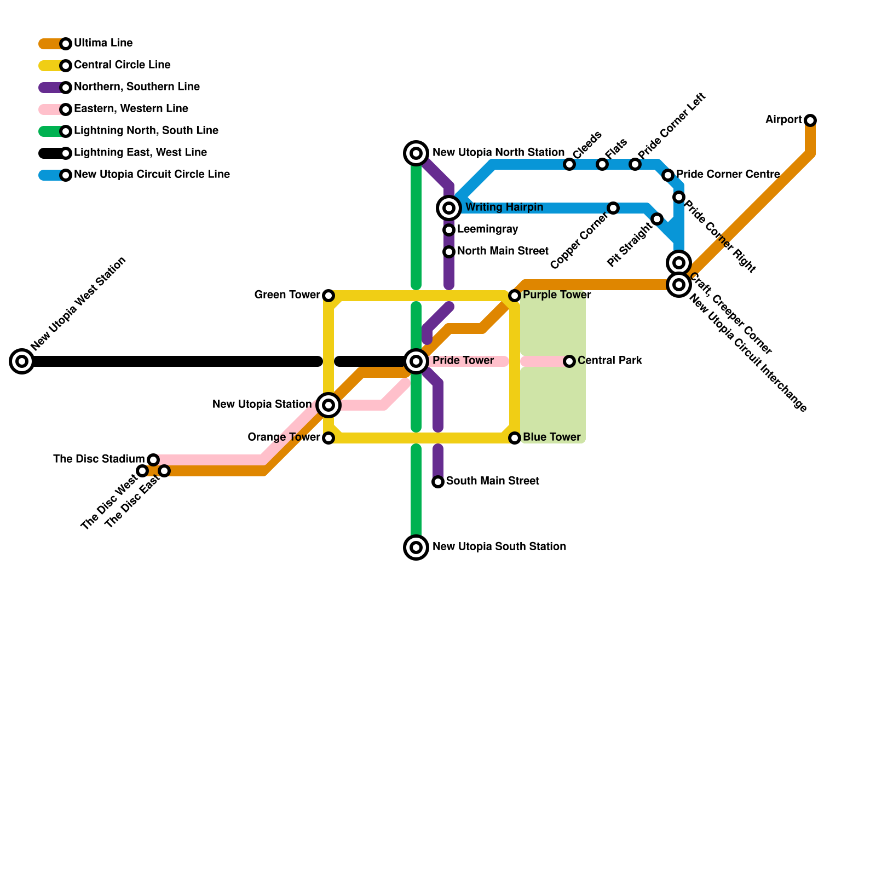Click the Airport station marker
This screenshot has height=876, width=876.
click(x=810, y=120)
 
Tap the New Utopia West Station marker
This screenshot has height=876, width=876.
click(x=22, y=361)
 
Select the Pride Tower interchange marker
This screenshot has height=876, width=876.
click(x=416, y=361)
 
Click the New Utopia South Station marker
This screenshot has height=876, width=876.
click(x=416, y=547)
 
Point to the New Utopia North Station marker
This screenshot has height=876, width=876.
click(x=416, y=153)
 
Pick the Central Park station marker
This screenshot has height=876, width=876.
click(x=569, y=361)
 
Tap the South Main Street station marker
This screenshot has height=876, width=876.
click(x=438, y=481)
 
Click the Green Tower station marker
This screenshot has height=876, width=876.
click(x=328, y=296)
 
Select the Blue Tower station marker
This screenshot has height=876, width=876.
click(x=515, y=437)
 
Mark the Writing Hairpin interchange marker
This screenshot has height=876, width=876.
click(x=449, y=208)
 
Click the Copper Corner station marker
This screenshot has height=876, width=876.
click(x=613, y=208)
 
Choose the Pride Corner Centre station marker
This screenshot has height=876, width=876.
click(x=667, y=175)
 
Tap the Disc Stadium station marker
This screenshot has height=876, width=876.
click(x=153, y=459)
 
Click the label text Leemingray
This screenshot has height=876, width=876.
click(x=487, y=229)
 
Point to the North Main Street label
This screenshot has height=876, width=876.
click(x=503, y=251)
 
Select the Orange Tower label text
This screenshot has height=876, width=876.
click(x=284, y=437)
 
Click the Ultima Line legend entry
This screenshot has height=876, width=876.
click(x=103, y=43)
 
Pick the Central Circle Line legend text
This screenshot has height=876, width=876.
click(x=122, y=65)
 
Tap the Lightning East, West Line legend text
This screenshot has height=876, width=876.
click(x=140, y=153)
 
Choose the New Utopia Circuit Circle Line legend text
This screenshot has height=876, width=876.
click(x=152, y=175)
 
